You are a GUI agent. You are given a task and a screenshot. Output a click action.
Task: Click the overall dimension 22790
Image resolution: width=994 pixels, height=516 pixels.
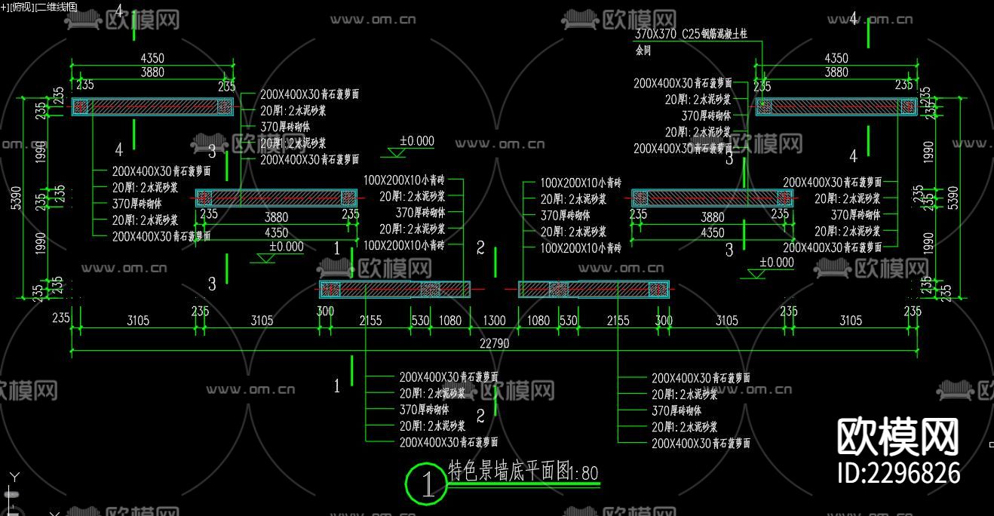tap(493, 343)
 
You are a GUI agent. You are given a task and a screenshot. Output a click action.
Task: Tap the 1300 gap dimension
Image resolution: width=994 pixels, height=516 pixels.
tap(493, 321)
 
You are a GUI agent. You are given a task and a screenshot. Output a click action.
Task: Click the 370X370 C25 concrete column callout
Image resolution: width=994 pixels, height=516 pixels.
tap(698, 34)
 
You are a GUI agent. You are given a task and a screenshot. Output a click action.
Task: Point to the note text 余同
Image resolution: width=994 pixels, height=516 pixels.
tap(643, 51)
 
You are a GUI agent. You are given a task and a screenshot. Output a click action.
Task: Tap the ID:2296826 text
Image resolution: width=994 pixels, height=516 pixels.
tap(899, 473)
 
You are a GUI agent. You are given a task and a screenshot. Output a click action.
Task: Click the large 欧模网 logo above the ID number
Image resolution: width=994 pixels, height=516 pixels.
tap(899, 435)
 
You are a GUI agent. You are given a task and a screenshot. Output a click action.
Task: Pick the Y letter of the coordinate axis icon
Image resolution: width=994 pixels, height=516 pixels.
tap(13, 477)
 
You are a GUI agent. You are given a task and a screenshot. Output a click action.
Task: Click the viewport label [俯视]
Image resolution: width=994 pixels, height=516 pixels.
tap(21, 7)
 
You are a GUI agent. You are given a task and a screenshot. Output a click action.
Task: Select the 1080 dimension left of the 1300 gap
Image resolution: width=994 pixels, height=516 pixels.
tap(449, 321)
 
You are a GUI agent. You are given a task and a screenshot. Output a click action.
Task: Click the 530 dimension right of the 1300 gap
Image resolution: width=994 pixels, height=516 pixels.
tap(568, 321)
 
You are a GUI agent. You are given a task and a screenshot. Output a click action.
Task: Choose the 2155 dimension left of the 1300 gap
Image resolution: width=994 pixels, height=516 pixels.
tap(370, 321)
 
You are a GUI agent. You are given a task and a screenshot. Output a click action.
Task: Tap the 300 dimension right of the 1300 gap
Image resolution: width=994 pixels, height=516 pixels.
tap(664, 321)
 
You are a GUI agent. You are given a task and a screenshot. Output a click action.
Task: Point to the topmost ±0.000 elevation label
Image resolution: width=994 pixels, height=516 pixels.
tap(416, 141)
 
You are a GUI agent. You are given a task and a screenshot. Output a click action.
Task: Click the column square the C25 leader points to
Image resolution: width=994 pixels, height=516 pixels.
tap(763, 106)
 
